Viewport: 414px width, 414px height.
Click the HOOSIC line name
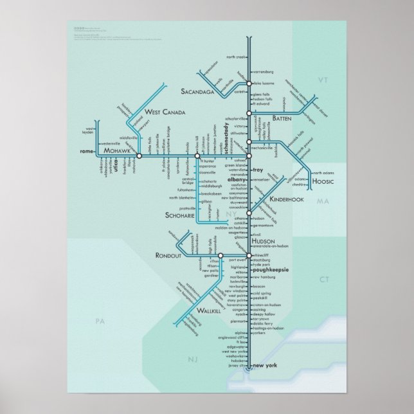click(320, 183)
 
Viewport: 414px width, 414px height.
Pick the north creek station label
click(235, 57)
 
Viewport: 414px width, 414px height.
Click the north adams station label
click(325, 173)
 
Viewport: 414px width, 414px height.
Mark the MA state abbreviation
click(323, 202)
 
